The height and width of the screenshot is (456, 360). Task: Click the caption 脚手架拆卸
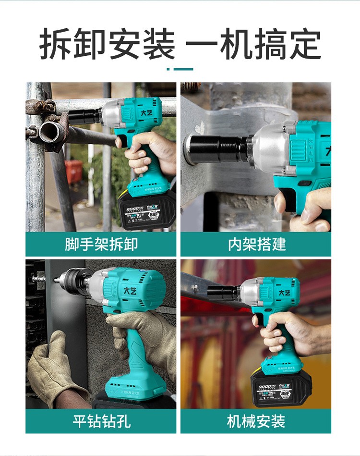(x=101, y=244)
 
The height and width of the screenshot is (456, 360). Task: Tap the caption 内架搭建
(x=256, y=244)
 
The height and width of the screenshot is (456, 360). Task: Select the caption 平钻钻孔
(x=101, y=421)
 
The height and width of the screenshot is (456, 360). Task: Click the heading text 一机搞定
(x=253, y=45)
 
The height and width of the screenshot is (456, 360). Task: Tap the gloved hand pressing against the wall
(x=50, y=365)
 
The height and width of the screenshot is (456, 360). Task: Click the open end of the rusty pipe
(x=49, y=132)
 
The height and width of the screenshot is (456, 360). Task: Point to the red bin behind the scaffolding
(x=73, y=171)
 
